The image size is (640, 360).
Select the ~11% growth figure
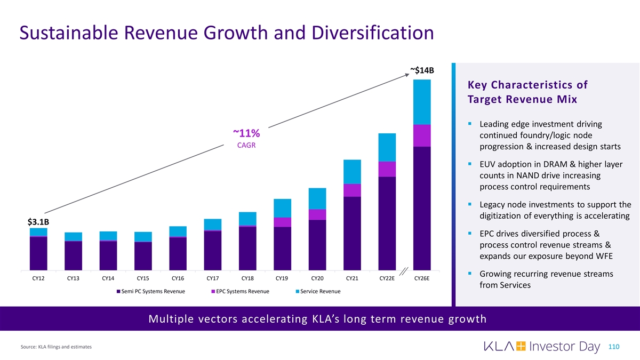pyautogui.click(x=246, y=133)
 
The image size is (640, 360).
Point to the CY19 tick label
pyautogui.click(x=282, y=278)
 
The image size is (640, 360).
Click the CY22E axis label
pyautogui.click(x=387, y=278)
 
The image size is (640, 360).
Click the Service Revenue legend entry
pyautogui.click(x=317, y=291)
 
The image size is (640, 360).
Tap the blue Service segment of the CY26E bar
pyautogui.click(x=421, y=102)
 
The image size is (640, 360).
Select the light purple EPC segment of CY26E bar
pyautogui.click(x=421, y=135)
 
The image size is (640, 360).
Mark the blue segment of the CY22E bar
pyautogui.click(x=387, y=147)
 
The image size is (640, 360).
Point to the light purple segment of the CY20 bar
pyautogui.click(x=317, y=214)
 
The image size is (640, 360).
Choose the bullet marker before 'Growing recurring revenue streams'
pyautogui.click(x=469, y=274)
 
